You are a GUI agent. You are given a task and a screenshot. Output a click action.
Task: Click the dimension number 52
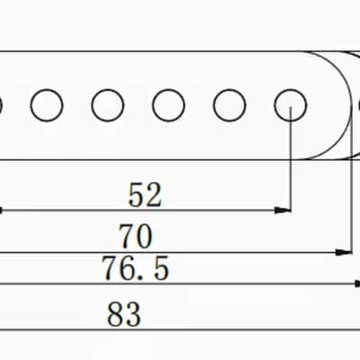145,195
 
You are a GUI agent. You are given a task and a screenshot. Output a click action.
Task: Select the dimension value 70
136,237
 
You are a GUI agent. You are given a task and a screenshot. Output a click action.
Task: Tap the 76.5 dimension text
135,268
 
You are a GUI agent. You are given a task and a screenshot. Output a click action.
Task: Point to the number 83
124,314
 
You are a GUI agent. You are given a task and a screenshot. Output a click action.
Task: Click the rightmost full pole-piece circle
291,105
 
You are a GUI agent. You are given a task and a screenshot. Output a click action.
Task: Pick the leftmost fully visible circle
47,105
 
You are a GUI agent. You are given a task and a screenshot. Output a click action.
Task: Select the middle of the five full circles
168,105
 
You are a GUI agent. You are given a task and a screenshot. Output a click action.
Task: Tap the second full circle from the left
108,105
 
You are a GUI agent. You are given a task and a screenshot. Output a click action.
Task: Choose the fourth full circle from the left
229,105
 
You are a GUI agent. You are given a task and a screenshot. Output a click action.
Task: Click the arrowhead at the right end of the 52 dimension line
283,211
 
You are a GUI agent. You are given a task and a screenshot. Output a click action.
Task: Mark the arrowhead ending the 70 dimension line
344,253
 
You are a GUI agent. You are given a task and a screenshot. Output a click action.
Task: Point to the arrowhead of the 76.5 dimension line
357,283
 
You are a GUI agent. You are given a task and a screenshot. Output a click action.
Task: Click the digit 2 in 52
154,195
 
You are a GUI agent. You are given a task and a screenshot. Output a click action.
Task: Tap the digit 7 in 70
127,237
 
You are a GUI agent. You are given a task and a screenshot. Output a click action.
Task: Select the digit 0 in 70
145,237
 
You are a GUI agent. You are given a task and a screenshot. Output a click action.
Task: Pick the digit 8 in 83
115,314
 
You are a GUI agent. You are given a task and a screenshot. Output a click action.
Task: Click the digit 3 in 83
132,314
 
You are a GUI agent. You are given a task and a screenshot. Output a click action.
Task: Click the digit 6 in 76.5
127,268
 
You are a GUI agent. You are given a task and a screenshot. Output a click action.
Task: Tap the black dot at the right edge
359,105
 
